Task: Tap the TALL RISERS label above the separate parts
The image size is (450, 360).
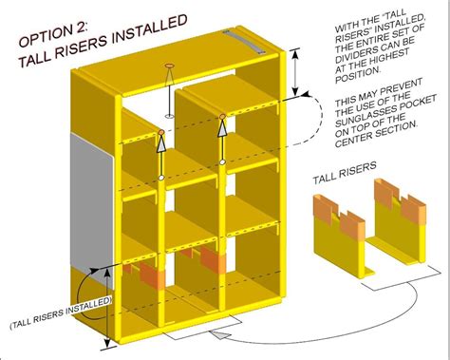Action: pyautogui.click(x=343, y=178)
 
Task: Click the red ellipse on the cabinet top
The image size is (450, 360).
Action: pyautogui.click(x=170, y=66)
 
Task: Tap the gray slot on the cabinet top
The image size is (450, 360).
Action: pyautogui.click(x=242, y=44)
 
